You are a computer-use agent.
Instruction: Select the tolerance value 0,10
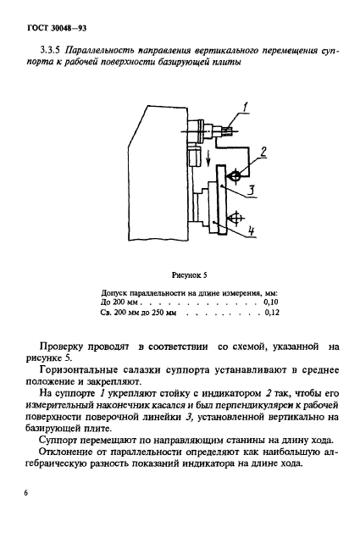point(271,301)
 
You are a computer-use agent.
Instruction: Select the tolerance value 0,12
point(271,313)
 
